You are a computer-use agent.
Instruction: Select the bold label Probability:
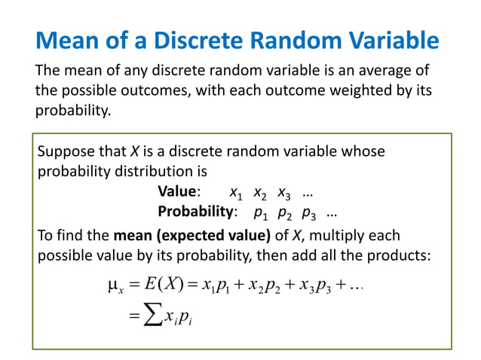click(198, 212)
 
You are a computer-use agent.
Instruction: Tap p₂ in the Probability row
click(285, 212)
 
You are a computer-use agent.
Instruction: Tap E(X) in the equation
click(162, 285)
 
